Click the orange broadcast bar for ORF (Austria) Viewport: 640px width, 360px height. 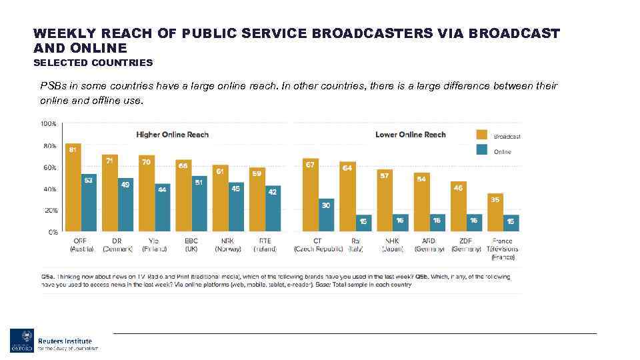click(x=73, y=188)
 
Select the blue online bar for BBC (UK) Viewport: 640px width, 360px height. click(x=199, y=204)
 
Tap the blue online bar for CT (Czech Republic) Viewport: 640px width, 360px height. click(x=326, y=215)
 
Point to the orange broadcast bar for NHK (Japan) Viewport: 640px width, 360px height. click(x=385, y=201)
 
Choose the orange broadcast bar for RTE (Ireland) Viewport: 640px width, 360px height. click(x=257, y=199)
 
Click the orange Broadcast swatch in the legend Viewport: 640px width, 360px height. click(x=480, y=133)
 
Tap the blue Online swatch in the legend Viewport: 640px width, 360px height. click(x=480, y=151)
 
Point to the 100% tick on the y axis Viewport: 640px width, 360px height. click(x=48, y=124)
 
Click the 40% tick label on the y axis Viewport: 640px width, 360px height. click(x=49, y=189)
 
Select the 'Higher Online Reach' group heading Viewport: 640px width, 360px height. click(x=172, y=135)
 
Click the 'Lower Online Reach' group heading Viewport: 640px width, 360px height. click(x=410, y=135)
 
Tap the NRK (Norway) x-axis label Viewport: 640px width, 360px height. click(x=228, y=245)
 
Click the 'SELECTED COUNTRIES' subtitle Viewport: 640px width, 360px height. click(x=93, y=63)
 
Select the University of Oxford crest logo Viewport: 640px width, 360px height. click(x=20, y=340)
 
